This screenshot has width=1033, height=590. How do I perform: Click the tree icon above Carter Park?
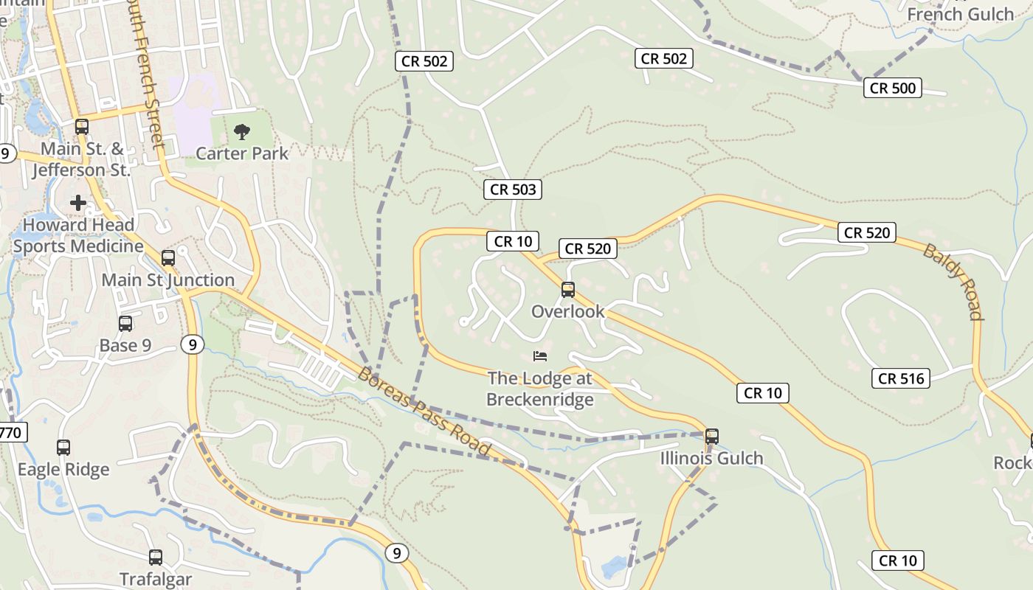tap(241, 133)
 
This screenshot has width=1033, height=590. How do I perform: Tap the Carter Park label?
tap(242, 153)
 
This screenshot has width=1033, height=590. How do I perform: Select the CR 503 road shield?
tap(513, 190)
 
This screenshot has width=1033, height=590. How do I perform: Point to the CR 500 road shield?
tap(893, 88)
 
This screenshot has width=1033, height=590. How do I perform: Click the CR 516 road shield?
tap(902, 379)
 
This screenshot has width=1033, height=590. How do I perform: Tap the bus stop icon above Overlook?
tap(568, 290)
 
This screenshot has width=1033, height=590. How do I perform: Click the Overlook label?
tap(568, 311)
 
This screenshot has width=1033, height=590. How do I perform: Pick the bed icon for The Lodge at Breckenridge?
tap(540, 357)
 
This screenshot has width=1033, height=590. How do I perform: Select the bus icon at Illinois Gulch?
tap(712, 436)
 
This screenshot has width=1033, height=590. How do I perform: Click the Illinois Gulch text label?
tap(711, 459)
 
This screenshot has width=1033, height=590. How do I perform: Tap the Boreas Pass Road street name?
tap(424, 411)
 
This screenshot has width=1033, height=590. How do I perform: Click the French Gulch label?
tap(960, 14)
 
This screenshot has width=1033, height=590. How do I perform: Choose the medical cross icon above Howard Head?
tap(78, 203)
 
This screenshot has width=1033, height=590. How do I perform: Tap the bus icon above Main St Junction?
tap(168, 258)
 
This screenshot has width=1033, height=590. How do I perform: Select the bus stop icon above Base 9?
tap(125, 323)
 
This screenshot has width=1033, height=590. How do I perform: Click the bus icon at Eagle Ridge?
tap(63, 447)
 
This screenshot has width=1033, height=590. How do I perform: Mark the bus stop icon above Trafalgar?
tap(156, 557)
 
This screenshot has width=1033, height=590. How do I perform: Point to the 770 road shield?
tap(10, 432)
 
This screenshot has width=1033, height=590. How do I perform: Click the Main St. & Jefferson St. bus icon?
tap(82, 126)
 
